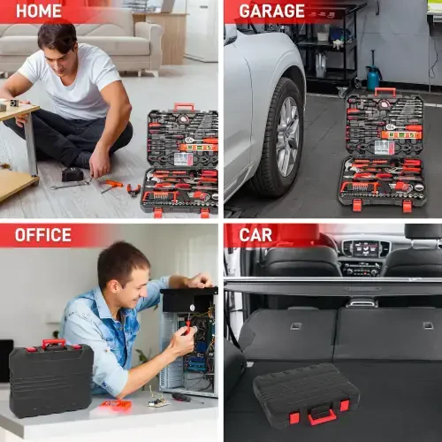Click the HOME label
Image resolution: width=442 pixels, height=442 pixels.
[x=39, y=11]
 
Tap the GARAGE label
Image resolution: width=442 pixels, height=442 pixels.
[x=272, y=11]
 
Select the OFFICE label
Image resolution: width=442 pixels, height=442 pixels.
[x=43, y=234]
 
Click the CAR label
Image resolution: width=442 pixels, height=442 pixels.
[x=255, y=234]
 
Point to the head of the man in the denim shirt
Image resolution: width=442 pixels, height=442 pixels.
[x=123, y=265]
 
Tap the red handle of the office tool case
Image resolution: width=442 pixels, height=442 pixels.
[x=53, y=343]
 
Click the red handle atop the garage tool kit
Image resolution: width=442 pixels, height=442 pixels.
[x=385, y=90]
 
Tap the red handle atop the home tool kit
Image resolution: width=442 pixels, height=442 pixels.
[x=184, y=107]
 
